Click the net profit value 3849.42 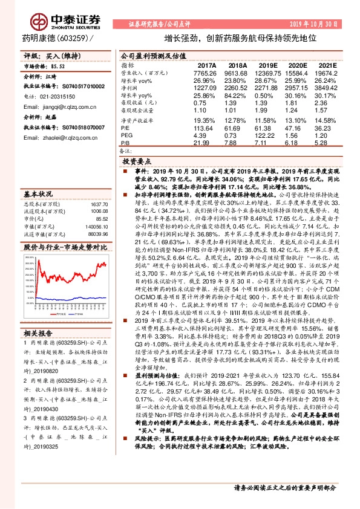coord(327,88)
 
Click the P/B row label coord(126,142)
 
